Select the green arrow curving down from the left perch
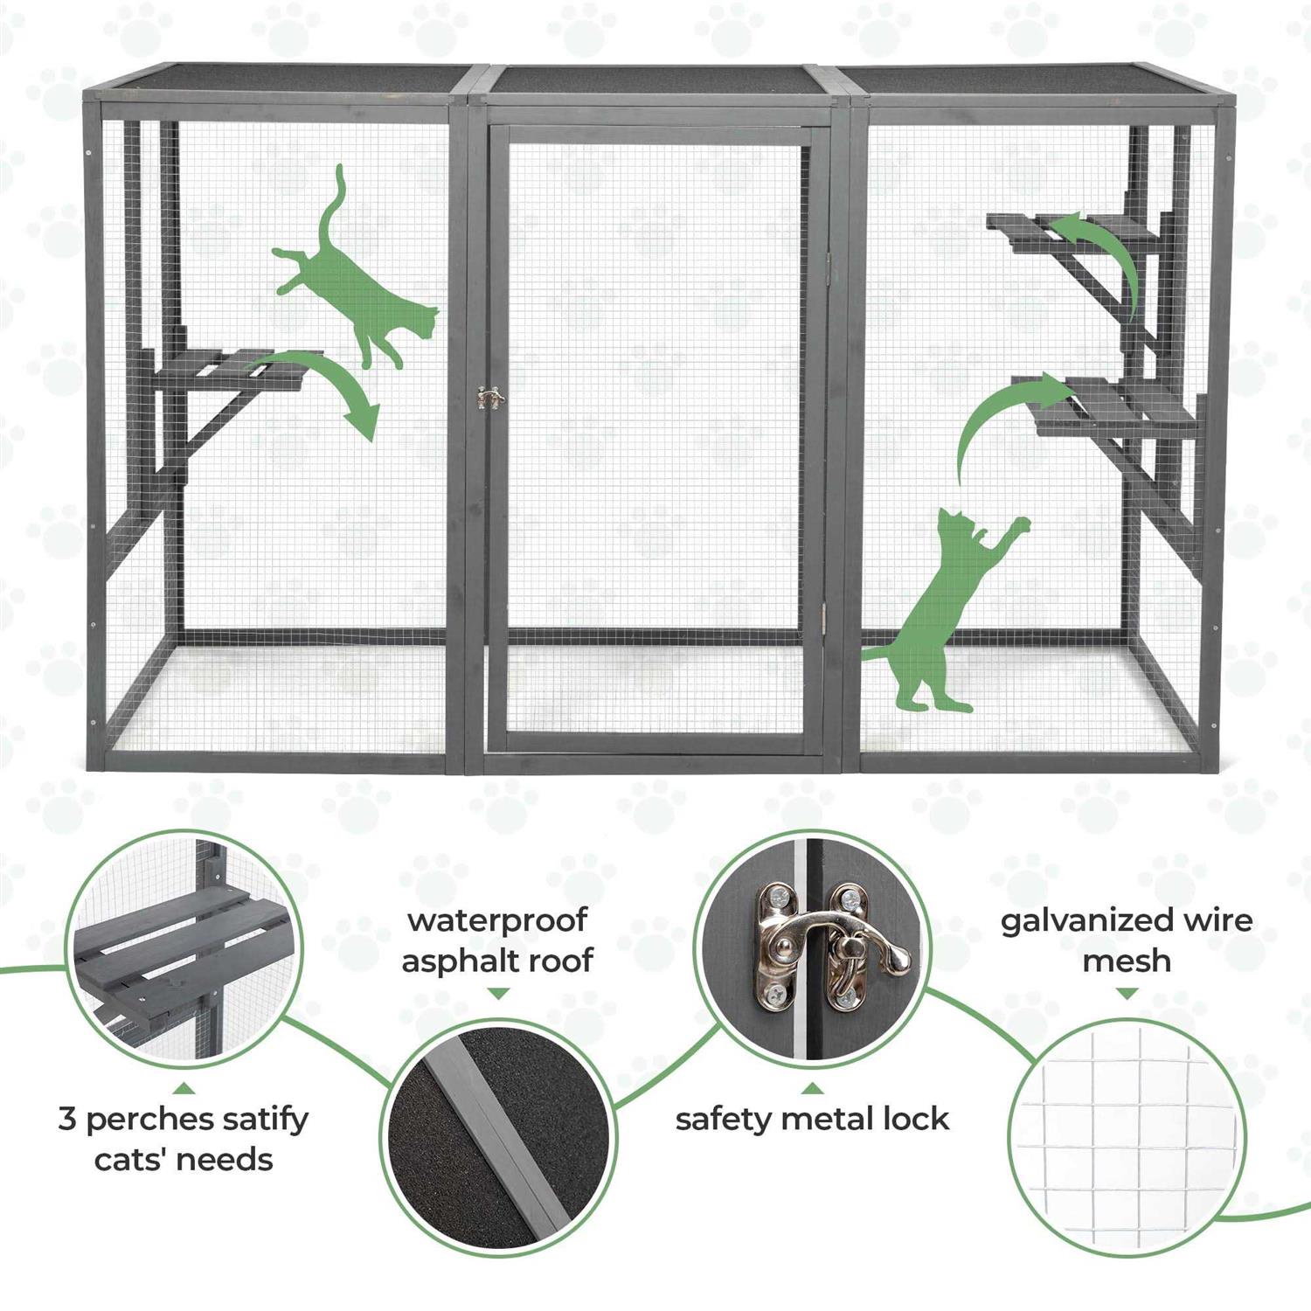coord(328,376)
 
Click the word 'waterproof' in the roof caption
coord(497,920)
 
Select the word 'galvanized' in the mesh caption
coord(1086,921)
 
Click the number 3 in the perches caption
coord(67,1120)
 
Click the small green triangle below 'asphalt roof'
coord(497,994)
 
